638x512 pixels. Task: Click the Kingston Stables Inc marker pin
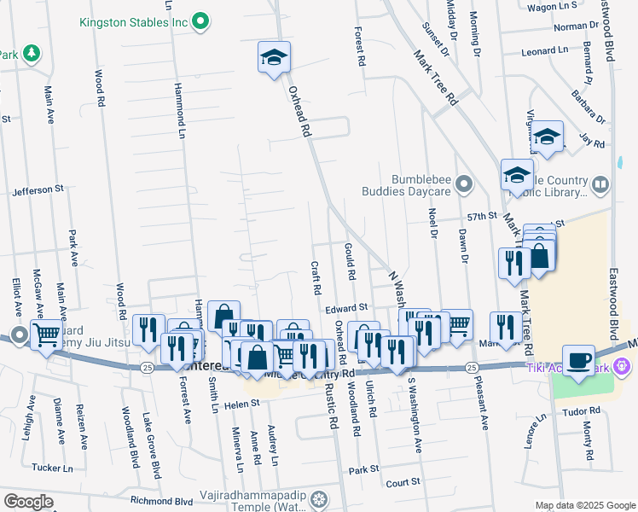point(200,20)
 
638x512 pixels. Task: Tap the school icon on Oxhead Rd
point(274,58)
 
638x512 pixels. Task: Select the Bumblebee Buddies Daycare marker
point(464,183)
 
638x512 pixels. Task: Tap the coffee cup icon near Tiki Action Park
point(579,362)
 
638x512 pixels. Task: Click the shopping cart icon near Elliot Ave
point(45,334)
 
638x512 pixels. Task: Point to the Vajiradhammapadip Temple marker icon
point(319,498)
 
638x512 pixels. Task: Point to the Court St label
point(403,482)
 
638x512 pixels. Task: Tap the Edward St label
point(345,307)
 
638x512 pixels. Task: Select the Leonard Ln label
point(544,51)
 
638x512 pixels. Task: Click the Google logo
point(28,502)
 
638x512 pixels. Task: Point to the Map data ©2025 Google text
point(584,505)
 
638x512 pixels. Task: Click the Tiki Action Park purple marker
point(623,366)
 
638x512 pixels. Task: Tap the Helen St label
point(242,404)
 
